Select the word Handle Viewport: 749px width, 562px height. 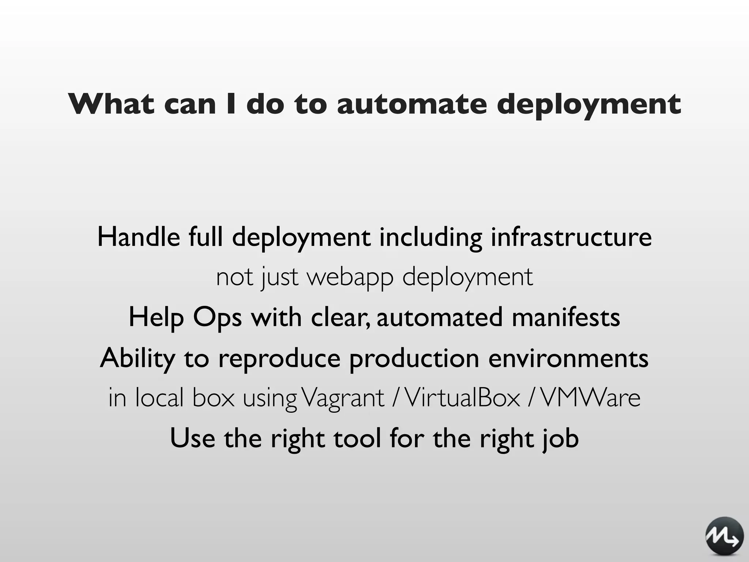[139, 237]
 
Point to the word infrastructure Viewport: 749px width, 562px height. [571, 237]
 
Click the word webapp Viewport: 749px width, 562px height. [350, 277]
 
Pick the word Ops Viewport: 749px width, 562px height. [217, 318]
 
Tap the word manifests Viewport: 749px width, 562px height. [566, 318]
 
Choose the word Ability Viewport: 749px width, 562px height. [138, 359]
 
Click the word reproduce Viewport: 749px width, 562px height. [279, 359]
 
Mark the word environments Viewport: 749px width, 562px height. [568, 359]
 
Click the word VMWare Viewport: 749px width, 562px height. [590, 398]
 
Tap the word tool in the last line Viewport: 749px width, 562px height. [357, 438]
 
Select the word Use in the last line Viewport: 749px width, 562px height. [192, 438]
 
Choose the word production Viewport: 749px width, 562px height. [414, 359]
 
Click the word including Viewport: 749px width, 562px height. [430, 237]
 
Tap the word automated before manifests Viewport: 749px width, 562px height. [440, 318]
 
